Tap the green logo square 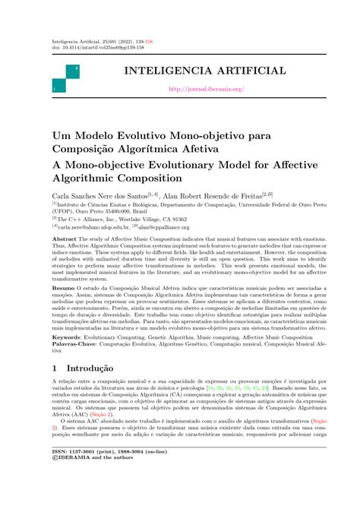click(68, 79)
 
